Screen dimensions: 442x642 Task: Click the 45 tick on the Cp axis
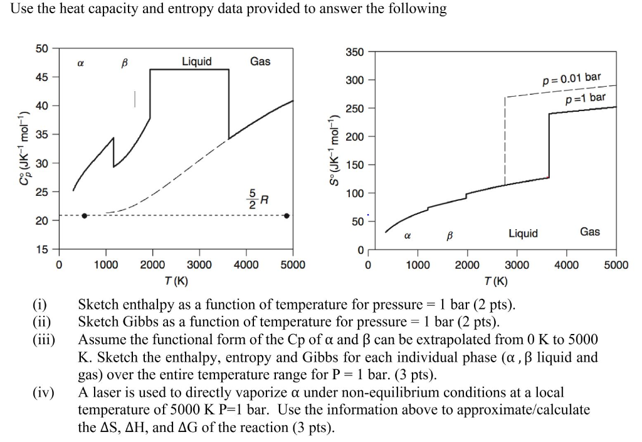click(x=43, y=77)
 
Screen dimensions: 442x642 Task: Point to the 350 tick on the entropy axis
click(x=354, y=52)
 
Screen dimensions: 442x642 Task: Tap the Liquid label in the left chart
click(x=197, y=61)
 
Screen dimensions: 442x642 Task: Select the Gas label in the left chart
click(x=260, y=61)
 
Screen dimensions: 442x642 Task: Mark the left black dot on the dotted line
click(x=85, y=215)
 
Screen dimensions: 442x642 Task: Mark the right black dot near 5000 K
click(x=287, y=215)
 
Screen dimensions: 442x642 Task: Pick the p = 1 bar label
click(x=586, y=97)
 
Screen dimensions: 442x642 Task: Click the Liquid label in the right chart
click(x=523, y=234)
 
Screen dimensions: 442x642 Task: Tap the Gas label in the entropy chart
click(x=589, y=232)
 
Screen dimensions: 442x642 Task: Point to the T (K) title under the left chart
click(x=176, y=280)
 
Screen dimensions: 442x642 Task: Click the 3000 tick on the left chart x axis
click(x=199, y=265)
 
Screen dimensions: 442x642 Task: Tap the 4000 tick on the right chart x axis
click(x=566, y=265)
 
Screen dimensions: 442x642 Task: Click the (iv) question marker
click(x=43, y=393)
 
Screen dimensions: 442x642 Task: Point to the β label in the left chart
click(x=123, y=63)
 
